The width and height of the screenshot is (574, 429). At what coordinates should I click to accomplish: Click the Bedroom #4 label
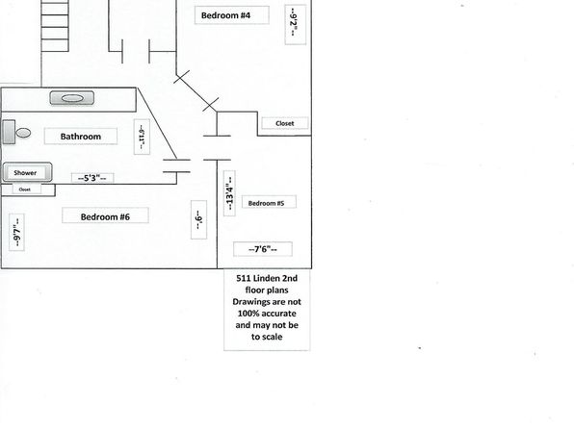click(226, 15)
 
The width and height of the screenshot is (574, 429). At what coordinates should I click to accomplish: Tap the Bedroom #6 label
click(105, 216)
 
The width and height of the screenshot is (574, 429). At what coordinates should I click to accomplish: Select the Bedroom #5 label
click(266, 203)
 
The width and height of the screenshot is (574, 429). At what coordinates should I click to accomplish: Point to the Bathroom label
click(81, 137)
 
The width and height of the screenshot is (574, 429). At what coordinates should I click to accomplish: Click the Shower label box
click(25, 172)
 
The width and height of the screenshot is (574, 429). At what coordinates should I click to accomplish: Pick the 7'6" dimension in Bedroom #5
click(263, 249)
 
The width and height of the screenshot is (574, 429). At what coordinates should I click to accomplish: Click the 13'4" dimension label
click(229, 193)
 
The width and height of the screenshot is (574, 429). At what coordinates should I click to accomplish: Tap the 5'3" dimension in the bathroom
click(92, 178)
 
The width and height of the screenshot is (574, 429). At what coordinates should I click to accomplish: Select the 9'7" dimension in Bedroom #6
click(16, 233)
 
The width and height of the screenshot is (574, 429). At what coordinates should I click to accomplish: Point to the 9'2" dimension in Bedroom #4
click(294, 23)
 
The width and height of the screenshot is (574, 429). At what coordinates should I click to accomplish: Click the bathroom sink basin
click(72, 98)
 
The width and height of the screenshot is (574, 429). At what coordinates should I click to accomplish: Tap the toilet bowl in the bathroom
click(23, 133)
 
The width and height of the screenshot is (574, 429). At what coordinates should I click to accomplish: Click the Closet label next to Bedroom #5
click(285, 124)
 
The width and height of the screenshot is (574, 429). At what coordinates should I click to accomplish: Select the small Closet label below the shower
click(24, 189)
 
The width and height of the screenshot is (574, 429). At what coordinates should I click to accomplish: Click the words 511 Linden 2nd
click(267, 278)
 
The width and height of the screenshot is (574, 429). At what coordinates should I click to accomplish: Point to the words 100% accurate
click(267, 314)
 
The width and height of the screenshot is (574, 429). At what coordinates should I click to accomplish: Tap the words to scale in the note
click(267, 337)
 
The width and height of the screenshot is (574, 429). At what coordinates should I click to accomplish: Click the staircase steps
click(55, 26)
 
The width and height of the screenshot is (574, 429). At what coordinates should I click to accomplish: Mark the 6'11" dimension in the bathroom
click(142, 137)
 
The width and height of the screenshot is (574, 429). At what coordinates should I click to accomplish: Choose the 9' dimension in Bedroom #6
click(198, 219)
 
